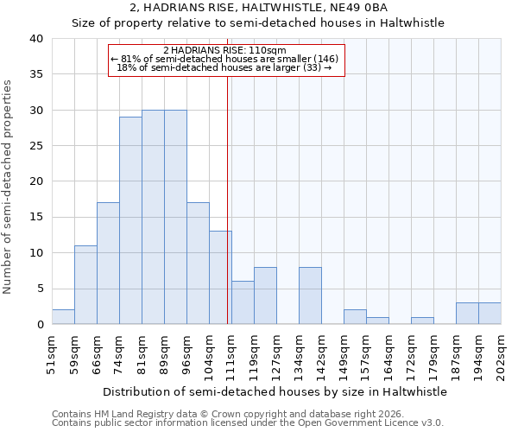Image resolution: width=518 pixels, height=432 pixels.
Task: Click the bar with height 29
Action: coord(130,220)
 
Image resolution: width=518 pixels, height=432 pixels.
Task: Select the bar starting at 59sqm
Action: coord(85,285)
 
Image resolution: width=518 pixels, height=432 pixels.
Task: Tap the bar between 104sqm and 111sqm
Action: coord(220,277)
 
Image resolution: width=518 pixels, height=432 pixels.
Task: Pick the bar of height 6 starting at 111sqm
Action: coord(243,302)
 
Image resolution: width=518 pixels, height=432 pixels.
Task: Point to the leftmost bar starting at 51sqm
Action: coord(63,317)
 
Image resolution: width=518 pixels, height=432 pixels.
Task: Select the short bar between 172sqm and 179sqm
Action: coord(422,321)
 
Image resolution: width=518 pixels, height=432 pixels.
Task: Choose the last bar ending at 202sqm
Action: coord(490,314)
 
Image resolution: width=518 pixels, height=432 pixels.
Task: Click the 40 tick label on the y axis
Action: coord(35,39)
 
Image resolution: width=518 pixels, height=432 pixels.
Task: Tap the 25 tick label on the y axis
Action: coord(35,146)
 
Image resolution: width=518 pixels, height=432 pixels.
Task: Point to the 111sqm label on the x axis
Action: coord(232,355)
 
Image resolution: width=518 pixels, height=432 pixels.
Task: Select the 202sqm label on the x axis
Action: coord(502,355)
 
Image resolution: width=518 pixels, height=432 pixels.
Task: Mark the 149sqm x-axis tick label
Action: coord(344,355)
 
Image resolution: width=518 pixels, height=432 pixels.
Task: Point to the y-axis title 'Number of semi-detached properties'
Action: coord(9,186)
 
